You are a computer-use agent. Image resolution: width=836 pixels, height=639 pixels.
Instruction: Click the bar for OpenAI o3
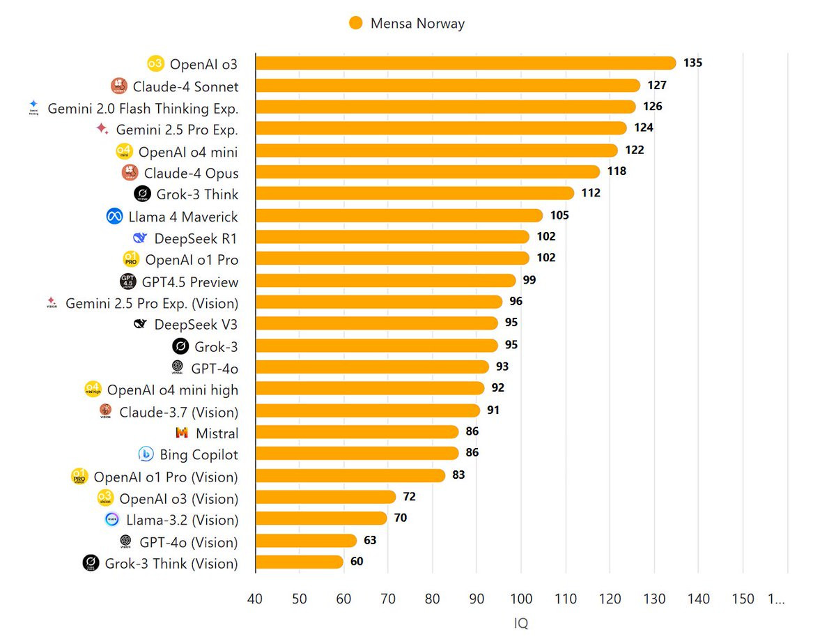tap(465, 63)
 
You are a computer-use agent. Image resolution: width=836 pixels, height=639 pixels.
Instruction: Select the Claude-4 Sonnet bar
tap(447, 86)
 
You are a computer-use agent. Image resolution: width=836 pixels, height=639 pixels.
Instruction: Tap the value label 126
tap(653, 107)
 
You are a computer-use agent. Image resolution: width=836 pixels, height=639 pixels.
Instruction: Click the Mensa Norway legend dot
tap(356, 23)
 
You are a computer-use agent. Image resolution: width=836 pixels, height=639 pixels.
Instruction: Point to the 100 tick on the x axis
tap(521, 599)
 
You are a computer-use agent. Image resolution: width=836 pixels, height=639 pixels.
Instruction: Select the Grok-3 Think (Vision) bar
tap(300, 562)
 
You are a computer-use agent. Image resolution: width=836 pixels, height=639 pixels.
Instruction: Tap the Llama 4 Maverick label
tap(183, 217)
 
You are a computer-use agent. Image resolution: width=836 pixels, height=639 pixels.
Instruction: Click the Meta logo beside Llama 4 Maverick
tap(115, 217)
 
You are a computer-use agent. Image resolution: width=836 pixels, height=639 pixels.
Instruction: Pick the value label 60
tap(357, 561)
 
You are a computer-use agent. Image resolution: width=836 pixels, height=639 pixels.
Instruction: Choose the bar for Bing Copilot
tap(357, 454)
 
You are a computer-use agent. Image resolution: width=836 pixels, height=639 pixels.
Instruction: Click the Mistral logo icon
tap(182, 433)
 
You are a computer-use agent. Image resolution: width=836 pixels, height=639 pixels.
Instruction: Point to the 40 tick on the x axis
tap(255, 599)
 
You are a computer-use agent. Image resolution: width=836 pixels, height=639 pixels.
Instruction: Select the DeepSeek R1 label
tap(196, 238)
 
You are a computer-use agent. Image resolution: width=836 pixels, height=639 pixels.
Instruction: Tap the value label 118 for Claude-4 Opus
tap(617, 171)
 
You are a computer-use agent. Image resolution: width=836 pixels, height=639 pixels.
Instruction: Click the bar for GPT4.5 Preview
tap(385, 281)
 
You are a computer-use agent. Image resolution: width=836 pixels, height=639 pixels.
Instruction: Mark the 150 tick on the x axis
tap(743, 599)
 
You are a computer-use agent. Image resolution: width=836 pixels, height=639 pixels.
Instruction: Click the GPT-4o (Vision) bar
tap(306, 541)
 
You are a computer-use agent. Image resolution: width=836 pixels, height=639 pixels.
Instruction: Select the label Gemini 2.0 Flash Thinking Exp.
tap(143, 109)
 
